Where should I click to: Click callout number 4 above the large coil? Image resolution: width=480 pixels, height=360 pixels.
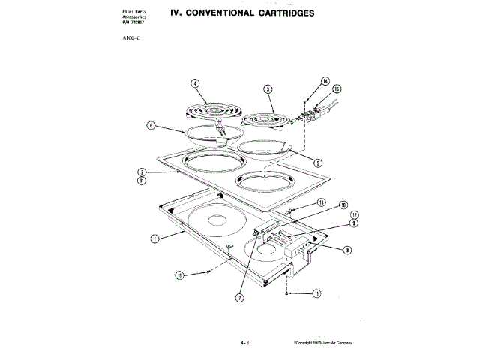(194, 83)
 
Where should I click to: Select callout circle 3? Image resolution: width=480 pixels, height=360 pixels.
(268, 89)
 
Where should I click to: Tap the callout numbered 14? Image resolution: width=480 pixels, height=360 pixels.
(325, 81)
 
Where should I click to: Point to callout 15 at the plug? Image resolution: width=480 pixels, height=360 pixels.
(337, 89)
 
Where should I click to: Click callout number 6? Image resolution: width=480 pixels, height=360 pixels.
(151, 126)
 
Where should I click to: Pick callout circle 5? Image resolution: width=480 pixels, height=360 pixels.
(318, 162)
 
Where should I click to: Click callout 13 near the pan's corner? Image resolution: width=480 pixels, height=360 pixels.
(320, 202)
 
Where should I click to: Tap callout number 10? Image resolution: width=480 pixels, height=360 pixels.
(343, 205)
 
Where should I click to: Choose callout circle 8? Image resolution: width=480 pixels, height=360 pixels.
(348, 250)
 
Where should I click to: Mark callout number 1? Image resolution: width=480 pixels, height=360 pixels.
(154, 238)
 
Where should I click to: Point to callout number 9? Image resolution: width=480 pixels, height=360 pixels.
(353, 223)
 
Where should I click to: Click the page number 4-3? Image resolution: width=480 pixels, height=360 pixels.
(244, 342)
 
